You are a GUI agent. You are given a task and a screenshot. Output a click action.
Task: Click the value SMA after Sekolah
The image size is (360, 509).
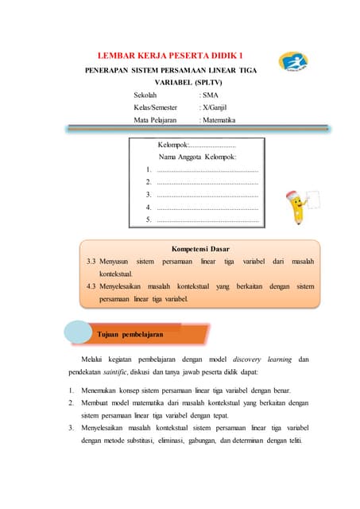210,95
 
